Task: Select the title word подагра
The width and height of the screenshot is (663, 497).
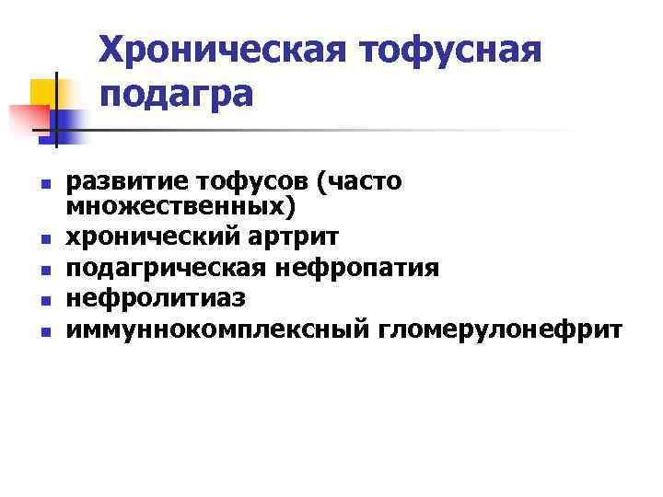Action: point(175,93)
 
